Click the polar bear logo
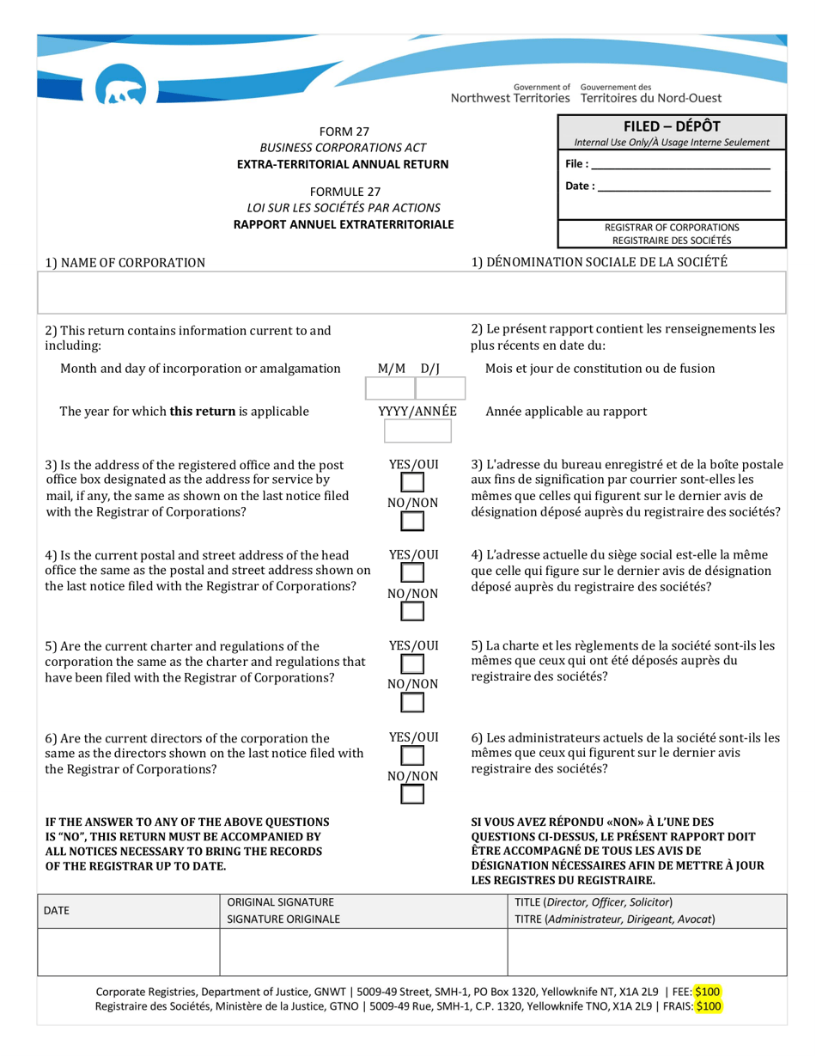tap(120, 89)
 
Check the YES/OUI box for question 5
tap(413, 664)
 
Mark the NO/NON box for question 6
tap(413, 794)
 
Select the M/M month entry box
tap(390, 389)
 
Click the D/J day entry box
tap(439, 389)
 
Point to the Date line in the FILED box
tap(683, 186)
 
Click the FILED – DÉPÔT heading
tap(672, 125)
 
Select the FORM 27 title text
tap(344, 131)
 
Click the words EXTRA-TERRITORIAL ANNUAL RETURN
tap(344, 164)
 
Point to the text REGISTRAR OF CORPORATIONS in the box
tap(672, 228)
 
